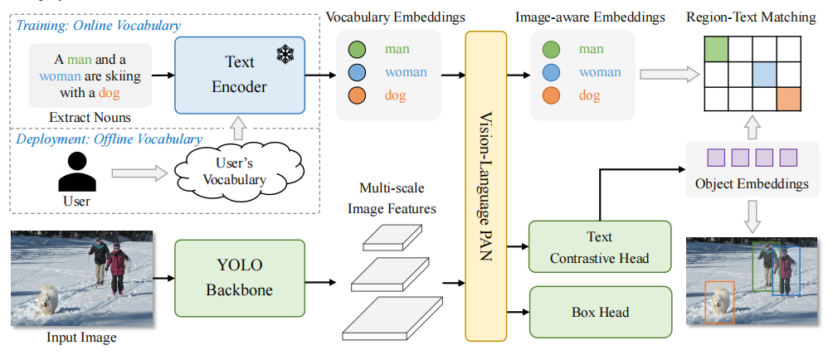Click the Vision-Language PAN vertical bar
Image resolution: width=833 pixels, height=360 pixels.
click(486, 187)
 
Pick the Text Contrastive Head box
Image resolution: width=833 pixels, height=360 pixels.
click(599, 246)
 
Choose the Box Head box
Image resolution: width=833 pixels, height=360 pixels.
click(599, 312)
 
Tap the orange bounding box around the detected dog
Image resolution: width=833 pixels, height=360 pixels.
click(719, 301)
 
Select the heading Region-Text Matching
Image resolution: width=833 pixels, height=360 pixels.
click(751, 17)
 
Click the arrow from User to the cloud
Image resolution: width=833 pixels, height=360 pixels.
click(139, 173)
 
